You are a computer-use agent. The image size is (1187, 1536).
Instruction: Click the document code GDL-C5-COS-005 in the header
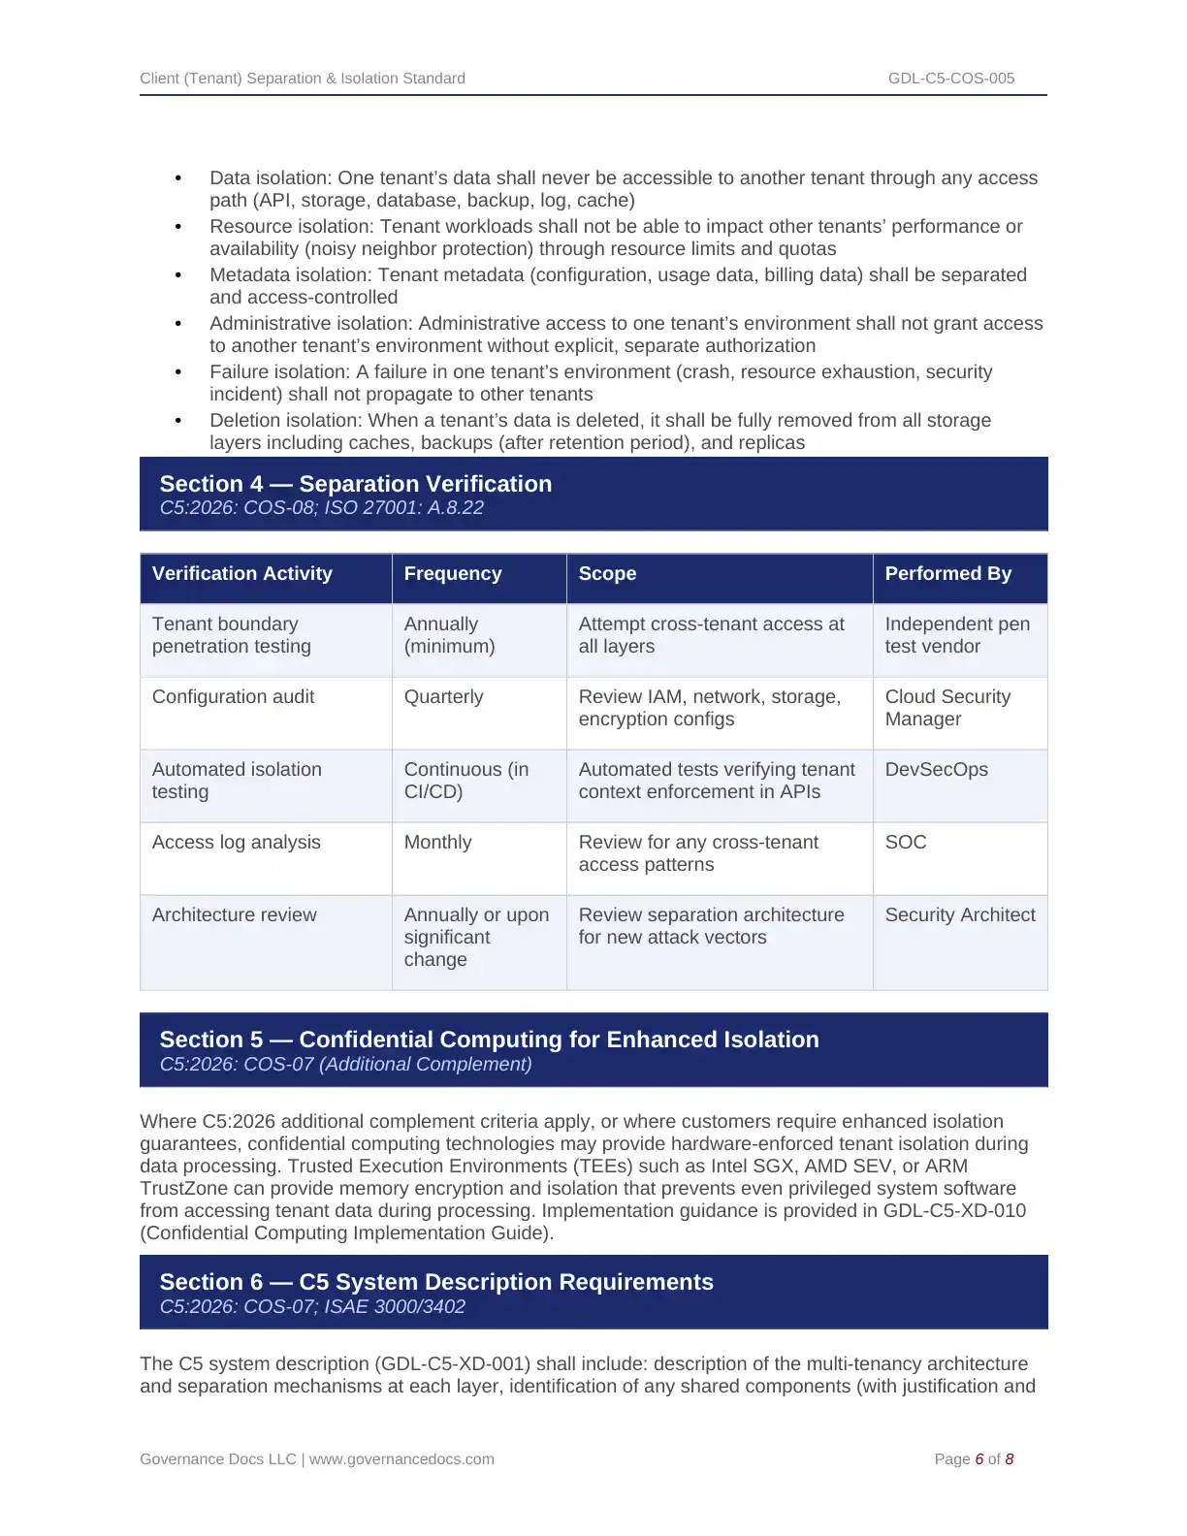point(950,79)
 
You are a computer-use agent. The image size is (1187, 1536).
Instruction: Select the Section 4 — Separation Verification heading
point(355,484)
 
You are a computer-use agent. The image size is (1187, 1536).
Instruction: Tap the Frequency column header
point(452,574)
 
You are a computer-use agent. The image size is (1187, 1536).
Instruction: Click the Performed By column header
point(947,574)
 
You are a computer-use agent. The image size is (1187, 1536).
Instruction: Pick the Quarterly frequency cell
point(443,697)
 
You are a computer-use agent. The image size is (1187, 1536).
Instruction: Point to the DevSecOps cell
point(936,770)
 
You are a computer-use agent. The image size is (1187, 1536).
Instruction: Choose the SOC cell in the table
point(905,843)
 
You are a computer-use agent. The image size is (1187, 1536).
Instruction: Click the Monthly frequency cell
point(437,843)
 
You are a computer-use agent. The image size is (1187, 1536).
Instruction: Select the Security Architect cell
point(959,915)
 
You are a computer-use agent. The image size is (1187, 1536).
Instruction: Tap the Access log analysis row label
point(236,843)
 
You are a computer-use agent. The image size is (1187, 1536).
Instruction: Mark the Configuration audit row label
point(233,697)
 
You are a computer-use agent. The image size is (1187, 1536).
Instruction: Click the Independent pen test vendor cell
point(956,635)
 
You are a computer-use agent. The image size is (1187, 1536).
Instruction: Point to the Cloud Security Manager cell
point(946,708)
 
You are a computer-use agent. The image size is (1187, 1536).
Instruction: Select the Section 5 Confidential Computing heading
point(489,1040)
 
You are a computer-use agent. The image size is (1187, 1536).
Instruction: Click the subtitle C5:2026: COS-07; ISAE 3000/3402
point(312,1307)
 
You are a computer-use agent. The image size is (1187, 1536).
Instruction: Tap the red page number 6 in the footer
point(979,1459)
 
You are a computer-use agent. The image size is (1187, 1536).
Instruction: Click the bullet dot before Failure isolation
point(178,372)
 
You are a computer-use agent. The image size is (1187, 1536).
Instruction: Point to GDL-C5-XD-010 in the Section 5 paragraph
point(954,1211)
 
